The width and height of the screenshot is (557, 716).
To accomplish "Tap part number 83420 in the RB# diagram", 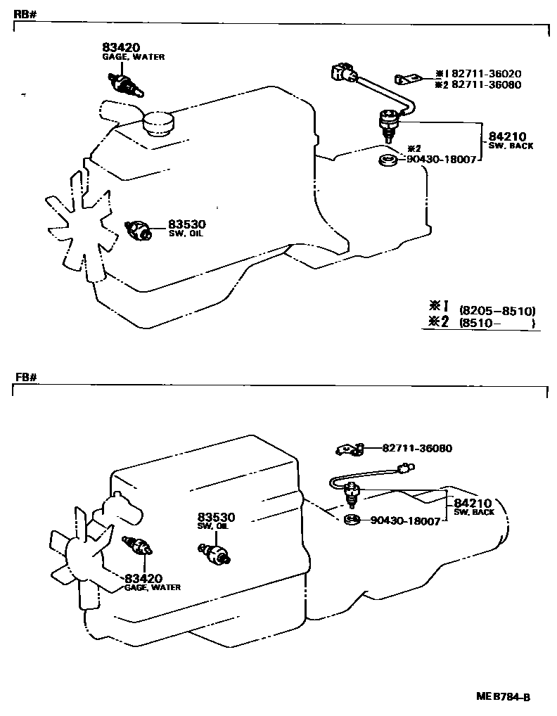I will (x=120, y=47).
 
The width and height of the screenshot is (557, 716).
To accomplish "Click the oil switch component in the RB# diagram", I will (x=138, y=229).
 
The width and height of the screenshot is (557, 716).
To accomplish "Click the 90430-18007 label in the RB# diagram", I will (x=442, y=160).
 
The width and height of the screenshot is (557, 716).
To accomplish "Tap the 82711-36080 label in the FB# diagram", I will (x=417, y=448).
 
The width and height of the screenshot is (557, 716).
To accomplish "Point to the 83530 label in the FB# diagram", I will (x=217, y=517).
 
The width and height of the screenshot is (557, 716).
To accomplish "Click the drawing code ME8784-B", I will (x=502, y=697).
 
